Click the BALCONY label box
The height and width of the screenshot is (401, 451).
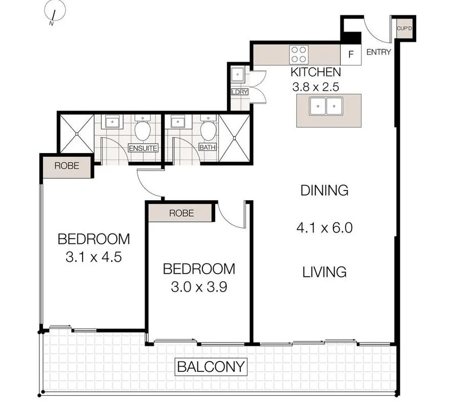[211, 367]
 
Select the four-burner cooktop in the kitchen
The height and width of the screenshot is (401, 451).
[299, 53]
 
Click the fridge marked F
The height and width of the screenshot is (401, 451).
[351, 54]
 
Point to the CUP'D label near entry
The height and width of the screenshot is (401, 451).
[404, 29]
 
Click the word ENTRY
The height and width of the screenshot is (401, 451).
[379, 52]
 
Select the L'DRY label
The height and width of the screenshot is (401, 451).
[239, 92]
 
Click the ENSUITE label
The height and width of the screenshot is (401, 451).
[143, 148]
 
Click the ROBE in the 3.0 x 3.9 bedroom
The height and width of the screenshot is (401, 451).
[180, 213]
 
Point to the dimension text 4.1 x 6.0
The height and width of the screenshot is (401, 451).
[324, 227]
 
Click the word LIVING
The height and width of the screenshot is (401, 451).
[324, 271]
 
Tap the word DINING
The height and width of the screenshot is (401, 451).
[324, 190]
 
